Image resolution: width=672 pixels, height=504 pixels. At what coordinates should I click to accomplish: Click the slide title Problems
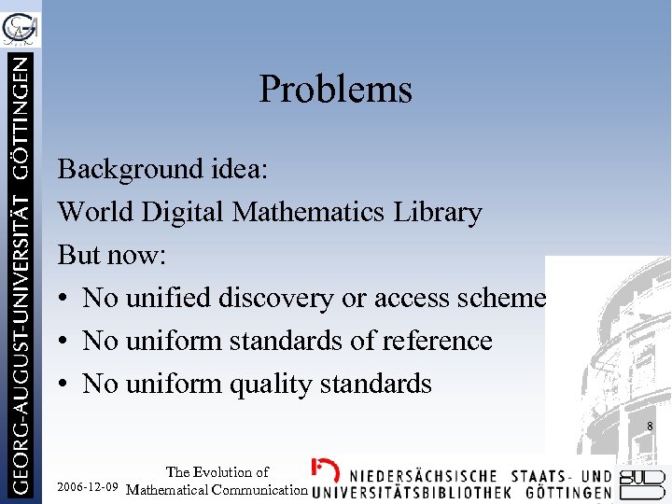(x=335, y=90)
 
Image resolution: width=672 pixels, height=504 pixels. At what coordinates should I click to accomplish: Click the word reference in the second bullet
(x=435, y=341)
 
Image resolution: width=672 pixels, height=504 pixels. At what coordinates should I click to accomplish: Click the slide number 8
(x=650, y=427)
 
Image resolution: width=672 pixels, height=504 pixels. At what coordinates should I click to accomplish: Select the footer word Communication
(x=262, y=489)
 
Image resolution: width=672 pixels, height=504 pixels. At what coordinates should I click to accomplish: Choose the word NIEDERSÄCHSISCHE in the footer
(x=428, y=473)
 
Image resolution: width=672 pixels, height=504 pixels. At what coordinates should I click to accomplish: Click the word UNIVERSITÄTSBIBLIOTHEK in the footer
(x=412, y=491)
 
